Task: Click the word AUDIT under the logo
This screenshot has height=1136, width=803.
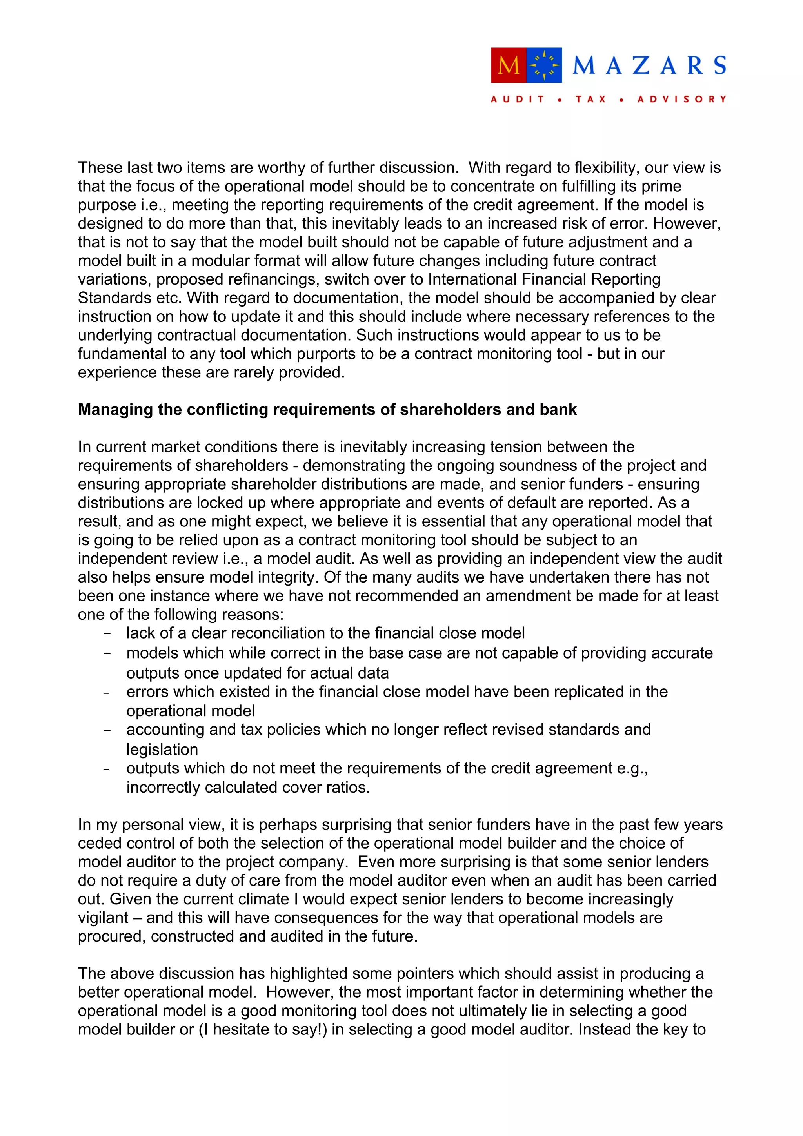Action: (518, 99)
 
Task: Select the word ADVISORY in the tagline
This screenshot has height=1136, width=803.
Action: (682, 99)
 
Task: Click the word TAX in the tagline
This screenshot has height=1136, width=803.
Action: (591, 99)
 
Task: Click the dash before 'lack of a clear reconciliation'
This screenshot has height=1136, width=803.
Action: (107, 634)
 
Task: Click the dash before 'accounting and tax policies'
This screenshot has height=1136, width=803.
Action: (107, 730)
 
